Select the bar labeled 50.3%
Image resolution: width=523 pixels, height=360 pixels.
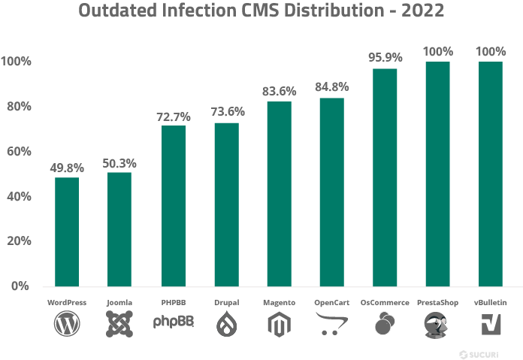coord(119,229)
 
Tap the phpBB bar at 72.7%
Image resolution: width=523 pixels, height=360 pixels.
coord(174,206)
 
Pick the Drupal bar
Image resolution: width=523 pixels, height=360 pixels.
coord(226,204)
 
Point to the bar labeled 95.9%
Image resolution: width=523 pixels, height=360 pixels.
coord(385,177)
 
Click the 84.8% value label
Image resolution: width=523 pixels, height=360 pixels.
coord(331,87)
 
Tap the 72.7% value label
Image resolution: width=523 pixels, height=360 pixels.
coord(174,116)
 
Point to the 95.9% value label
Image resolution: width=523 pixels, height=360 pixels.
coord(385,57)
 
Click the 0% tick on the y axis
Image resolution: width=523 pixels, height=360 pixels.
coord(21,286)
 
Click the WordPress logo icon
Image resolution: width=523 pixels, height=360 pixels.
coord(67,324)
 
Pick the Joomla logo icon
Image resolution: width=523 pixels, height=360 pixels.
coord(119,324)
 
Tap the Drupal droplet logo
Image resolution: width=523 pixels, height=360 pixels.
coord(226,324)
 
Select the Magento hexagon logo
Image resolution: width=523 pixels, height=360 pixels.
coord(279,324)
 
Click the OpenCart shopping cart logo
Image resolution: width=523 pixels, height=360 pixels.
coord(331,324)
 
